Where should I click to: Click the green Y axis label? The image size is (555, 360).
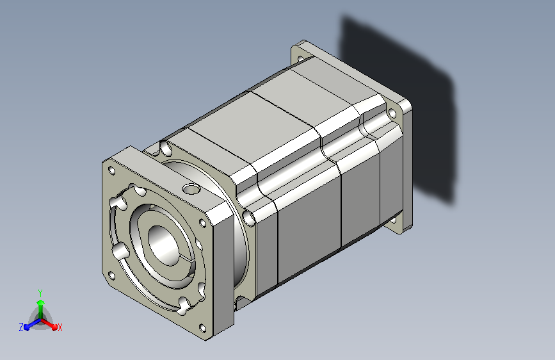point(40,293)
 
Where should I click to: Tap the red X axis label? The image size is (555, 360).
point(60,327)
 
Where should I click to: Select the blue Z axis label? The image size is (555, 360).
point(21,327)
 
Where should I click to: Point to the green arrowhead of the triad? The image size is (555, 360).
point(41,303)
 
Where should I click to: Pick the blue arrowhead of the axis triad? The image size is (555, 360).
point(28,327)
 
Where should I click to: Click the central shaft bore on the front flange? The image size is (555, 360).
point(163,245)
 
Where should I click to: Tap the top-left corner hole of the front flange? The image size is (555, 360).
point(111,171)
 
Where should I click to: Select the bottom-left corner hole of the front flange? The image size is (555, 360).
point(111,275)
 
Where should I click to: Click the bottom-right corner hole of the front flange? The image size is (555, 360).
point(202,328)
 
